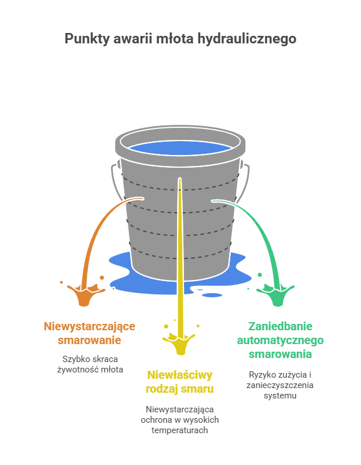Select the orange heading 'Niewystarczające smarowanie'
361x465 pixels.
[x=90, y=333]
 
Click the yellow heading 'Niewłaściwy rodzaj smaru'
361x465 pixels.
[x=180, y=381]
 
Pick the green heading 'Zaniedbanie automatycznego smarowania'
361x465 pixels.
[x=280, y=340]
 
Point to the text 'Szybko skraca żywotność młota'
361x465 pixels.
[x=90, y=364]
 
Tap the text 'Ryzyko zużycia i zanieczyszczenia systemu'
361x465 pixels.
[x=280, y=385]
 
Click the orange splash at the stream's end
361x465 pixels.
[x=84, y=293]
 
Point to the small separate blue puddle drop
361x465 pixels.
[x=212, y=295]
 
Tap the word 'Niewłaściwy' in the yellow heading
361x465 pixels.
[x=180, y=374]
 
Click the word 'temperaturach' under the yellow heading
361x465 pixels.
[x=180, y=430]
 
